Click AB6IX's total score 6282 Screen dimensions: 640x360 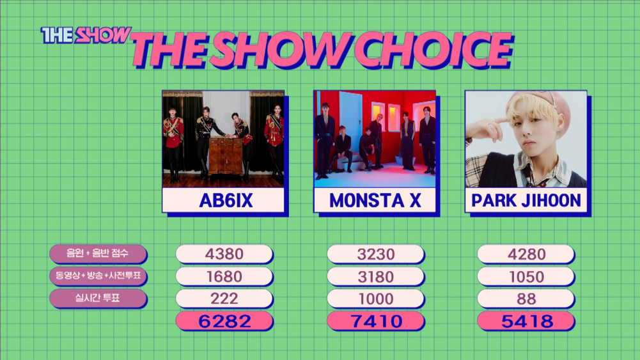tap(224, 321)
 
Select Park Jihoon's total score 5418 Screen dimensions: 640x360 tap(527, 321)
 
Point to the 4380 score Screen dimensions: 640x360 tap(224, 254)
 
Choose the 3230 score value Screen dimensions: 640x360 tap(375, 254)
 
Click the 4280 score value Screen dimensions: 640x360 tap(527, 254)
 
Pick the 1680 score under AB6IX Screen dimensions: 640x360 tap(224, 276)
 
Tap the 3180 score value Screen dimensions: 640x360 tap(375, 277)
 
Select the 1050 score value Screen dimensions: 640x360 tap(527, 277)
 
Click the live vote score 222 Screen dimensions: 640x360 tap(224, 299)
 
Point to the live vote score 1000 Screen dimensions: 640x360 tap(375, 299)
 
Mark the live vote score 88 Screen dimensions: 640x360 tap(527, 299)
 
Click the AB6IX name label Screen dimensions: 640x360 tap(226, 200)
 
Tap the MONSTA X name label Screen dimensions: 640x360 tap(375, 200)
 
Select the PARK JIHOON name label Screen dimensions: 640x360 tap(526, 200)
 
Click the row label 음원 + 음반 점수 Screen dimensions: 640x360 tap(98, 253)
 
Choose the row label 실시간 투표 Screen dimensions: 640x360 tap(98, 297)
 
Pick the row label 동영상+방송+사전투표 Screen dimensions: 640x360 tap(98, 276)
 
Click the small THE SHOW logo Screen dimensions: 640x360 tap(86, 35)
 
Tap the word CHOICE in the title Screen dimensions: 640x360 tap(433, 50)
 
